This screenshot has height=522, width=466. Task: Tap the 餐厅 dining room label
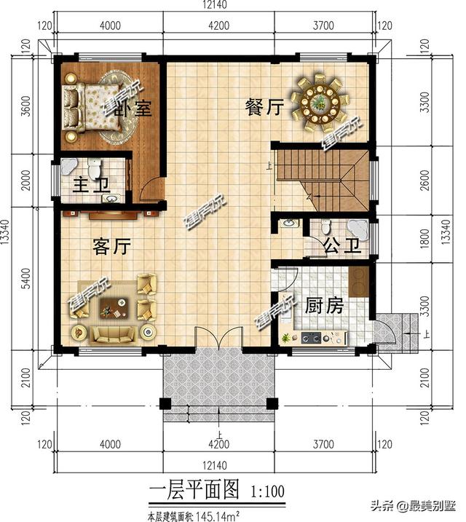[263, 108]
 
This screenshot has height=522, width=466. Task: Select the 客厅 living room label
[111, 247]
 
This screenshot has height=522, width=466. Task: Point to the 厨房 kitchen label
[323, 305]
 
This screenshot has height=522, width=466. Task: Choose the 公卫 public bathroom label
[341, 245]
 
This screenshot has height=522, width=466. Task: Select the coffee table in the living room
[111, 309]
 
